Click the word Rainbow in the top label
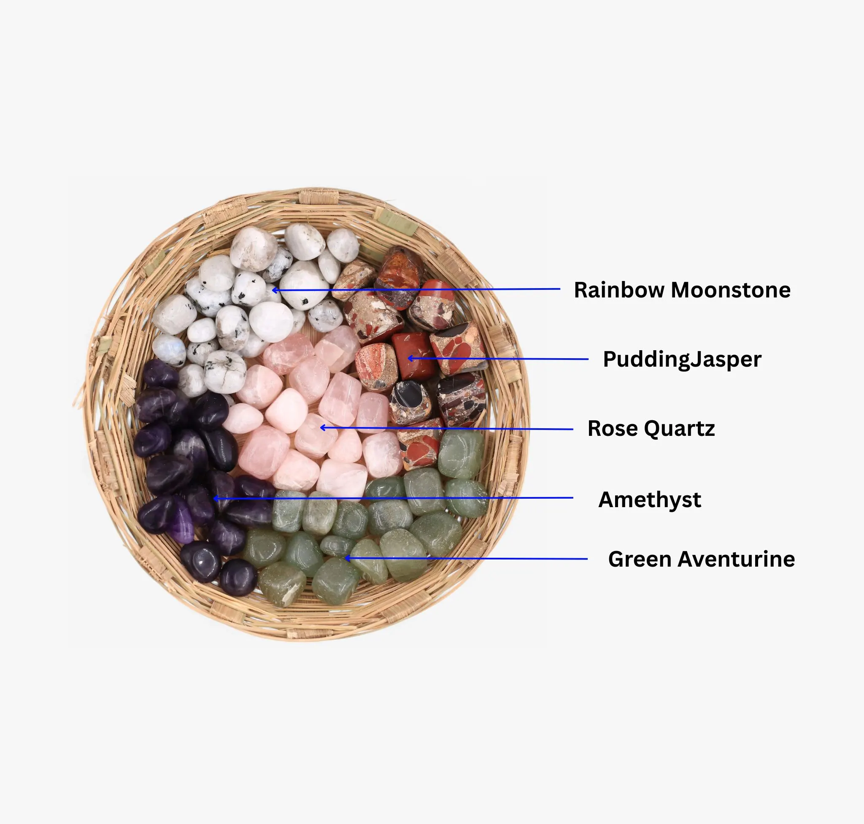(x=619, y=290)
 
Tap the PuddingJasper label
(x=682, y=360)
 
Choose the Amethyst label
(x=650, y=500)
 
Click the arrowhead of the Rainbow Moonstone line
(x=275, y=290)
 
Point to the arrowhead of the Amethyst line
(x=216, y=499)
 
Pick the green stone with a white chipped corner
(x=282, y=584)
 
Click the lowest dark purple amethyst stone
(x=238, y=578)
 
